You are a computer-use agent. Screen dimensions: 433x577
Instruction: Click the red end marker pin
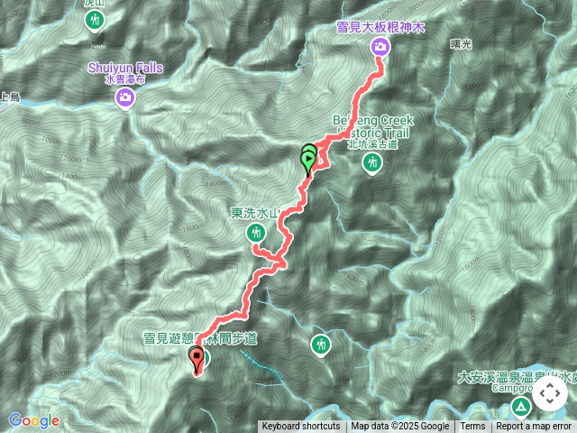click(197, 360)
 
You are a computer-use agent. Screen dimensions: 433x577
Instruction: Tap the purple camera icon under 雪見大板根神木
click(380, 47)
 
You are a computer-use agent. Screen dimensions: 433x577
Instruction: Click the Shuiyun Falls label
click(125, 68)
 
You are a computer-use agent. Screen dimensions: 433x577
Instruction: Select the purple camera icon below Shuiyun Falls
click(125, 97)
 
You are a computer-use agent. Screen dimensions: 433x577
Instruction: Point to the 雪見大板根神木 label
click(380, 29)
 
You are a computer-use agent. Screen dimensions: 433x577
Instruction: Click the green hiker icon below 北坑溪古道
click(372, 162)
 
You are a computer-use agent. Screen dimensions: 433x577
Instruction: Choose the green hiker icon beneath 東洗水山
click(255, 233)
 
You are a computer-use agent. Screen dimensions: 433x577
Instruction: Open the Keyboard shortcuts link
click(301, 427)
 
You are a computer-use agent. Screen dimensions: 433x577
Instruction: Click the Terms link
click(472, 427)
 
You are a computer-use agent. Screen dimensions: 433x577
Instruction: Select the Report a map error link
click(535, 427)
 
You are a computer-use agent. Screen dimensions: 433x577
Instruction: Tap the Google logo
click(34, 420)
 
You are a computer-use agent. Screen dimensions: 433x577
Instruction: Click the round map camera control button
click(550, 394)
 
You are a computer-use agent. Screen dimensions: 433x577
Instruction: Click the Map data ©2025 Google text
click(400, 427)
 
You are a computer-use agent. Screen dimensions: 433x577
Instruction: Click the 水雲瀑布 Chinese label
click(125, 79)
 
